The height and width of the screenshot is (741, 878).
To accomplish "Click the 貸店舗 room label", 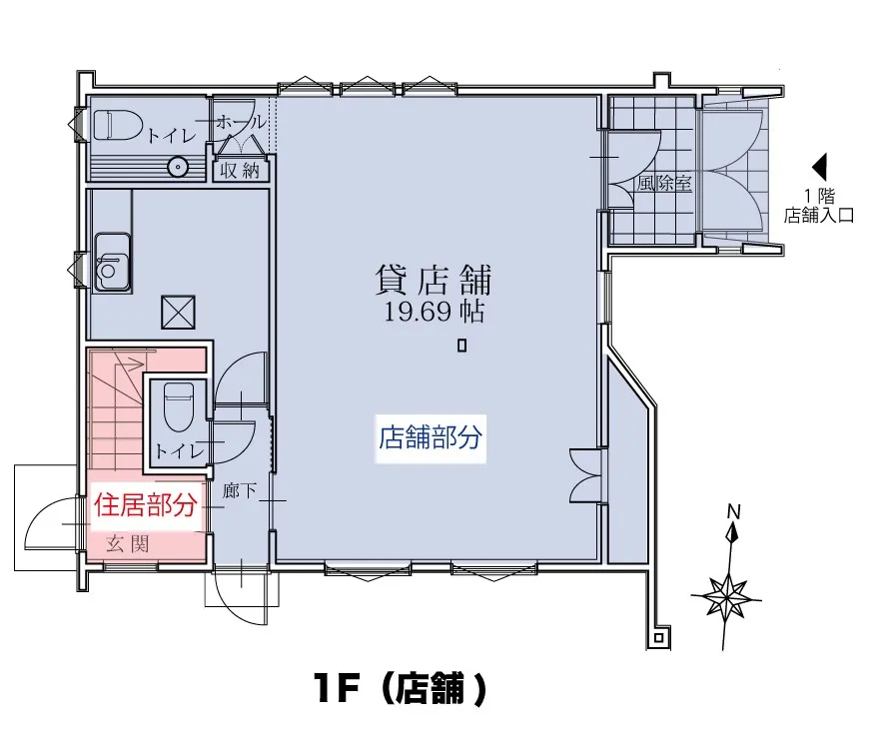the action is click(433, 281).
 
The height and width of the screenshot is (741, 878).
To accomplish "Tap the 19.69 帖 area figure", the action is click(434, 312).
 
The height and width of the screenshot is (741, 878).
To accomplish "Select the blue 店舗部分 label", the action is click(431, 437).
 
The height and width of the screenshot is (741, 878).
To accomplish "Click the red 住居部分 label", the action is click(145, 505).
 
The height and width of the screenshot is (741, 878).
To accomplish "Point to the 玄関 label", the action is click(128, 543).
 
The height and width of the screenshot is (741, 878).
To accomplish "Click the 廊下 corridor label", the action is click(239, 490).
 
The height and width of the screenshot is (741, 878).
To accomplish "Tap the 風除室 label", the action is click(664, 183).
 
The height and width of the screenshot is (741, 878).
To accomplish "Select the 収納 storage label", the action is click(240, 170).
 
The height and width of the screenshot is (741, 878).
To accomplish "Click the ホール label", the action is click(241, 122).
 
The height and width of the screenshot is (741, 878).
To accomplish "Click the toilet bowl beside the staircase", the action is click(179, 406).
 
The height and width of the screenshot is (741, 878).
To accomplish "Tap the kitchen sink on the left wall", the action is click(113, 262).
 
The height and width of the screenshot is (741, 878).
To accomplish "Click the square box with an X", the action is click(178, 313).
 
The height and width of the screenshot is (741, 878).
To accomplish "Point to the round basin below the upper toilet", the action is click(178, 167).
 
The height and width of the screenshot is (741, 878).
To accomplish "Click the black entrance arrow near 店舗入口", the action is click(819, 167).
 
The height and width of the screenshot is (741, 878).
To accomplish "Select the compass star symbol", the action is click(726, 596).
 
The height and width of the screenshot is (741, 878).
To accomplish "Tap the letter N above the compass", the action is click(733, 511).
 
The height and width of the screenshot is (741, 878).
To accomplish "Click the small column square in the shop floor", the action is click(461, 346).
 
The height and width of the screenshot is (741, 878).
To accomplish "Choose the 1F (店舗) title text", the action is click(400, 689).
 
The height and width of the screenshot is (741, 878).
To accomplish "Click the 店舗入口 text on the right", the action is click(819, 215).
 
